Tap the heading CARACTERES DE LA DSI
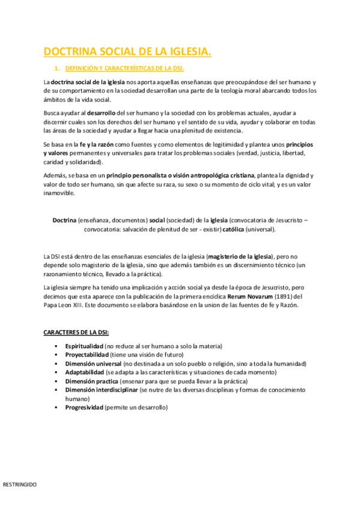[76, 333]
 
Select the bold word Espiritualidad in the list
[84, 346]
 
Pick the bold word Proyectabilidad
[87, 355]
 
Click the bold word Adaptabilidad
[84, 372]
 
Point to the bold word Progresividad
[84, 407]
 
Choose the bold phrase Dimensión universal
[93, 364]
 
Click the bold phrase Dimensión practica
[91, 381]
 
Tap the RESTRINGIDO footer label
[20, 484]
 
